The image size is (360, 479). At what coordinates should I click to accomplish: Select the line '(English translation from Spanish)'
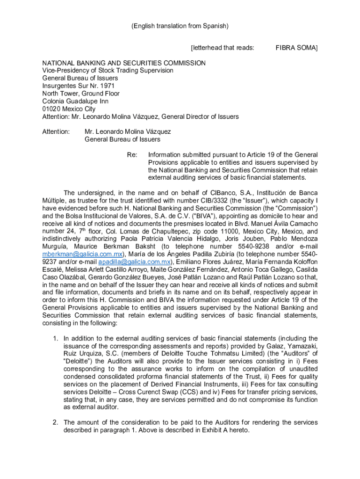180,26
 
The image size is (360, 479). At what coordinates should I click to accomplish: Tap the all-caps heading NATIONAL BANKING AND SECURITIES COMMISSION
124,63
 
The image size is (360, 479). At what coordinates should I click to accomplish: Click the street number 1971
108,86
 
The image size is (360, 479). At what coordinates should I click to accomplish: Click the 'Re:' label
132,154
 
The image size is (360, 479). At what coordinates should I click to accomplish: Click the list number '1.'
55,338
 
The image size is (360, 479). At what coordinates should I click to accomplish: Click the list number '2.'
55,422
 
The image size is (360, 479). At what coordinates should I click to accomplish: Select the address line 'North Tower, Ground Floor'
81,93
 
